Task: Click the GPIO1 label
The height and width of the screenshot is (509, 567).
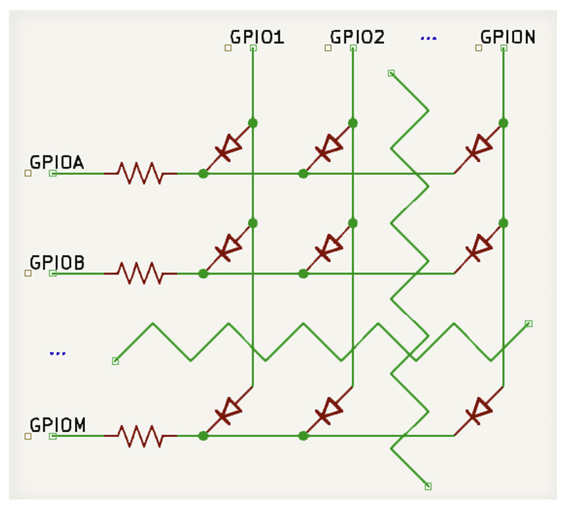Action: pos(257,37)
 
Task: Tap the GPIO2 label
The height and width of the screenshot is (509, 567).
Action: pos(357,37)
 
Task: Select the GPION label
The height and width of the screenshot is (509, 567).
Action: pos(507,37)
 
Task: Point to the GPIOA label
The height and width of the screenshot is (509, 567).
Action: pos(57,162)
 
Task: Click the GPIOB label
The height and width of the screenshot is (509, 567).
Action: pos(57,263)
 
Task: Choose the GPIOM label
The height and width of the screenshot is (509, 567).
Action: pos(58,425)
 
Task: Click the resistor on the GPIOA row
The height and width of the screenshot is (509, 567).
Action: pos(140,173)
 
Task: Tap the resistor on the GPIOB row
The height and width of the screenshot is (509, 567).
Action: pos(140,273)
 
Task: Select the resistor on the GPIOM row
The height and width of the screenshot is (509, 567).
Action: pos(140,436)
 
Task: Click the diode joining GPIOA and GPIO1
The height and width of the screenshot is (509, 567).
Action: pos(227,148)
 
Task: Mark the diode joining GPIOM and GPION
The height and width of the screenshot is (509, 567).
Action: pos(478,411)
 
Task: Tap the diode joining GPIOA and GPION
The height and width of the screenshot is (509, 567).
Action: pos(478,148)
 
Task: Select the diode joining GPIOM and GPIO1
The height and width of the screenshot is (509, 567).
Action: pos(227,411)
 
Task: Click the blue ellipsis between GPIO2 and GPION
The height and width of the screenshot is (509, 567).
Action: pos(428,39)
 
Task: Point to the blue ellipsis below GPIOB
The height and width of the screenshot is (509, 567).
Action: pos(57,354)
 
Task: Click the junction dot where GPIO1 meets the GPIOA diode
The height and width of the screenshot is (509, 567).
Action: pos(253,123)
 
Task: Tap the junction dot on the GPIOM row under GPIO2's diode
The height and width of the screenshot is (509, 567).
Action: pos(303,436)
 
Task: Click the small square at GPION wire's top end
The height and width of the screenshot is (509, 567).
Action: pos(503,48)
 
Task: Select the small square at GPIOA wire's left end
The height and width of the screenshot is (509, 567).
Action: pos(53,173)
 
